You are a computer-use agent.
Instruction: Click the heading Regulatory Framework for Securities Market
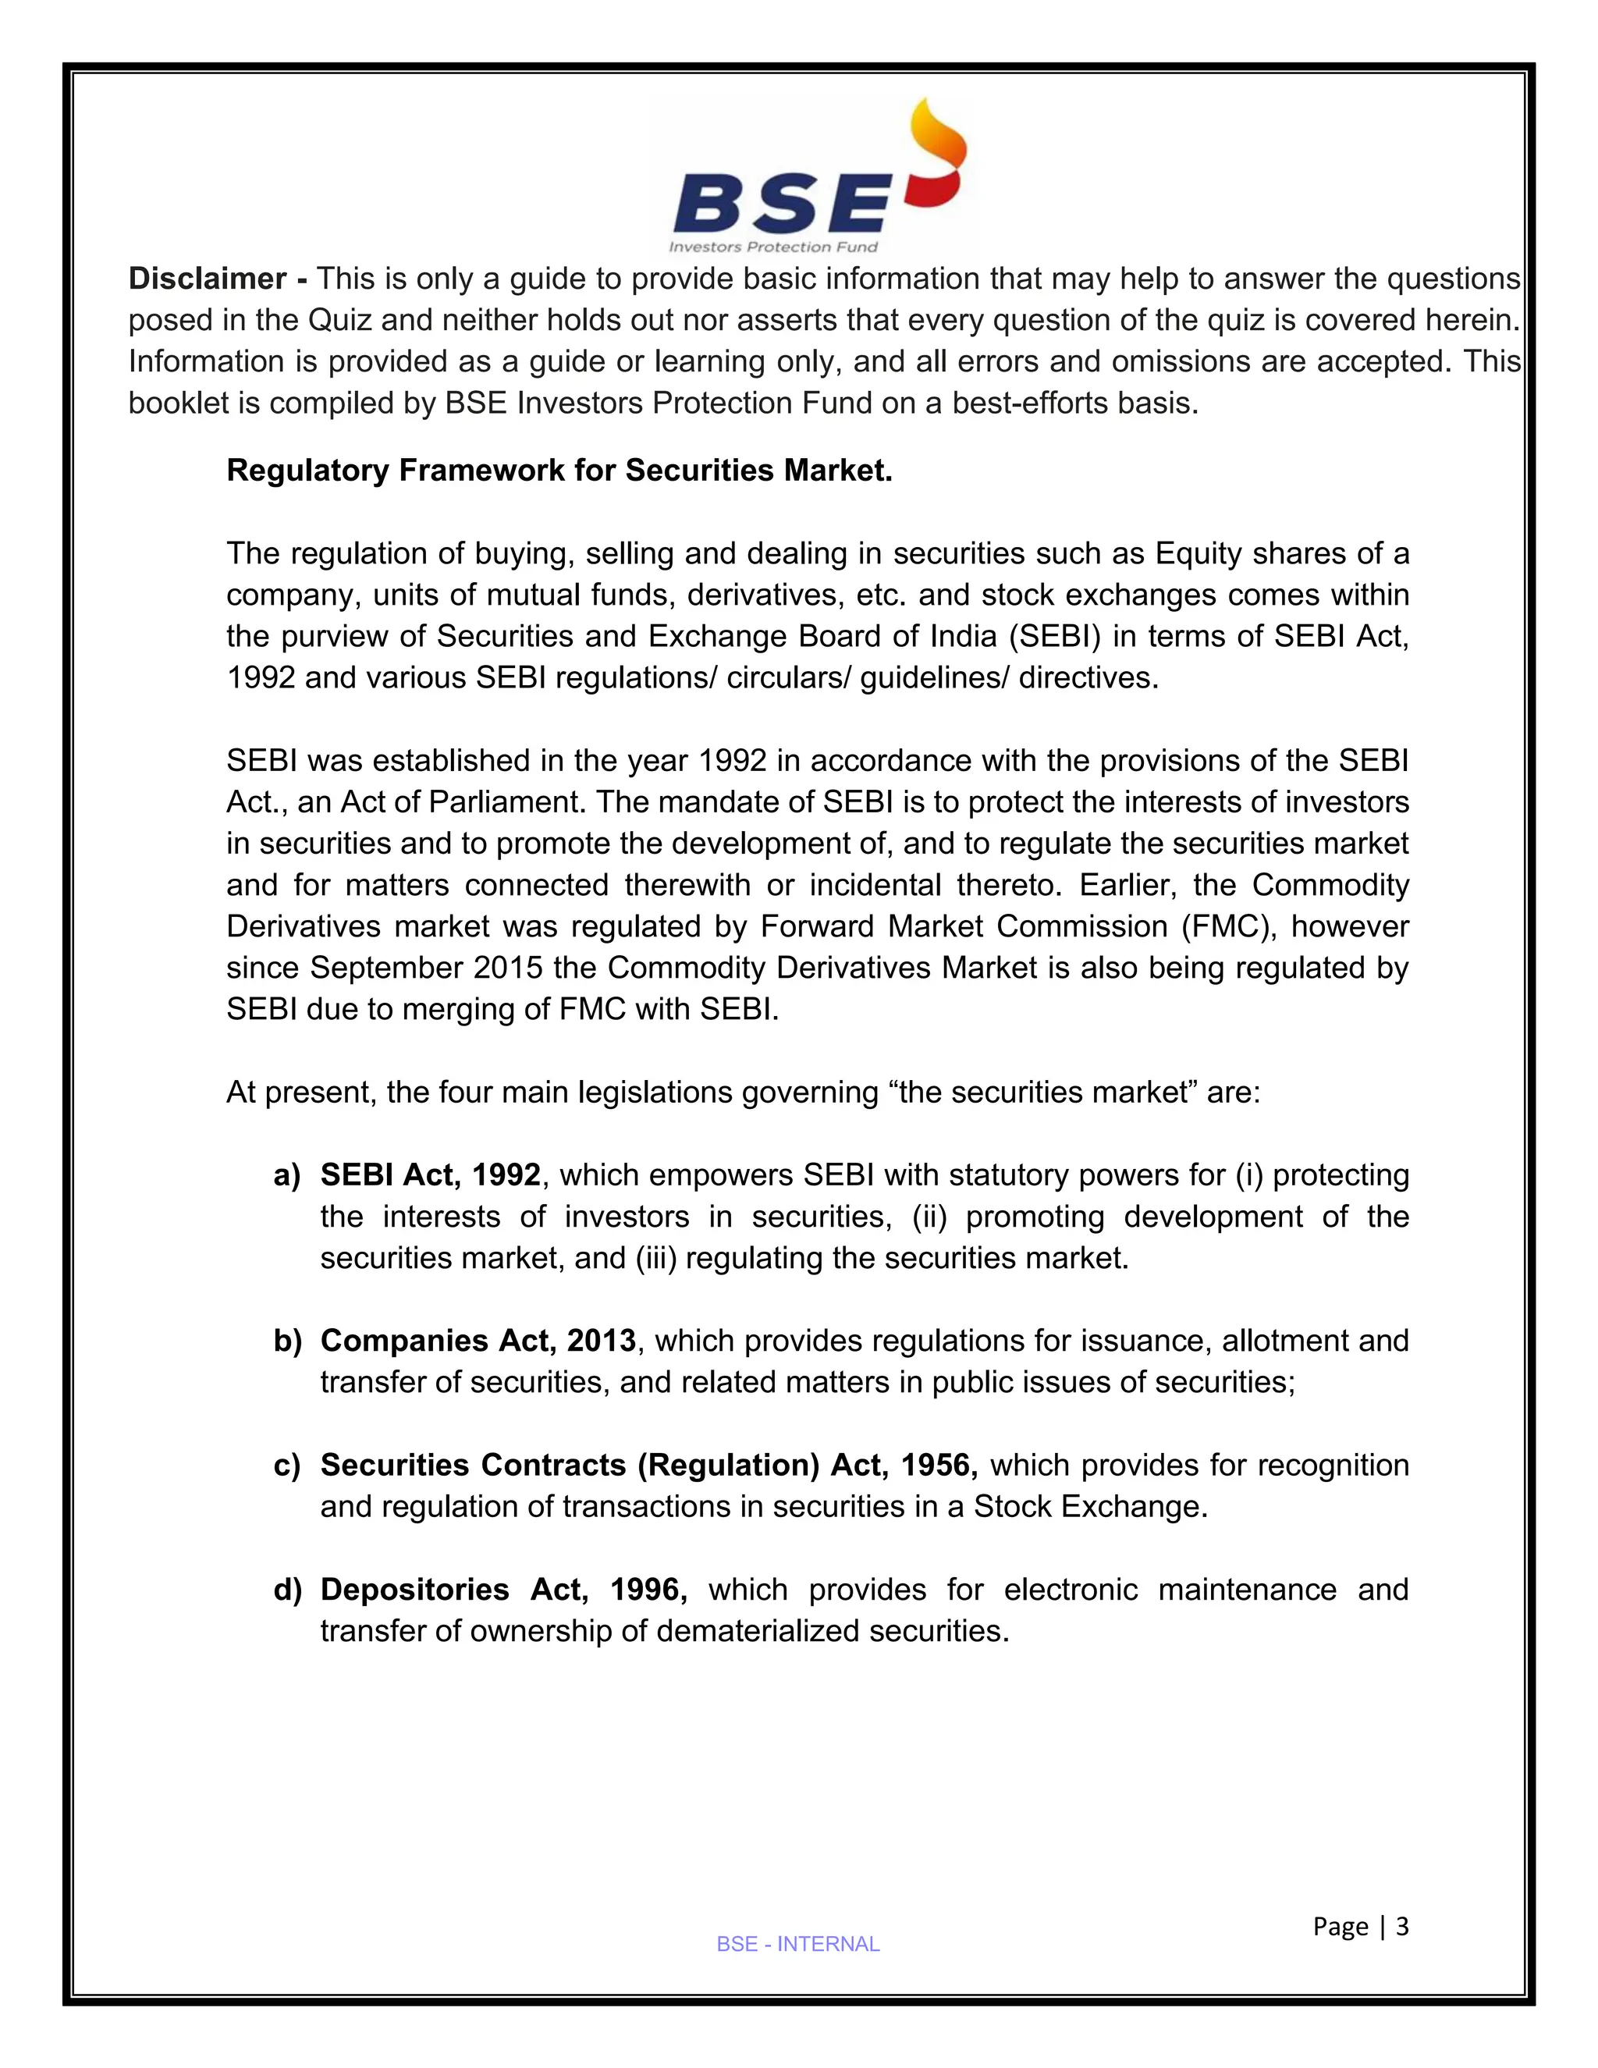(559, 471)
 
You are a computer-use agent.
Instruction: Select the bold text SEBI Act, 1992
(431, 1175)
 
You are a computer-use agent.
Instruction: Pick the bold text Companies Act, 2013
(478, 1341)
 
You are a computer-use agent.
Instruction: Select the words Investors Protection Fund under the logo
(773, 247)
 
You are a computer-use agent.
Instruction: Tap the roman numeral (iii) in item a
(656, 1259)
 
